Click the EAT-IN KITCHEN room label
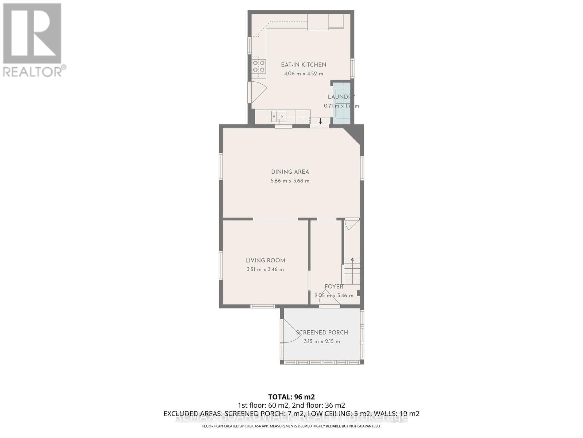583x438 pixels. pos(304,65)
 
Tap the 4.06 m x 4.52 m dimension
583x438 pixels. pos(304,74)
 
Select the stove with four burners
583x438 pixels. pos(259,66)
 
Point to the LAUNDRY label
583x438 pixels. pos(341,97)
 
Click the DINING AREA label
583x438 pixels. pos(290,172)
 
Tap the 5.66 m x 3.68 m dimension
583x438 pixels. pos(290,181)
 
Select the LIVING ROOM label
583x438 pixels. pos(265,261)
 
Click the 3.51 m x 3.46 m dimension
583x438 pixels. pos(265,270)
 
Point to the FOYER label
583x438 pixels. pos(334,287)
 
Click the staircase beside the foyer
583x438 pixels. pos(352,272)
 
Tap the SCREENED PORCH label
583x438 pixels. pos(322,333)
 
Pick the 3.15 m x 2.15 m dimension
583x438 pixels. pos(322,342)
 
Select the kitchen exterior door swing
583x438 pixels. pos(258,91)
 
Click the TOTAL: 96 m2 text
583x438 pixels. pos(291,397)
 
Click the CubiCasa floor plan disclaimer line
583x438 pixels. pos(291,426)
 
